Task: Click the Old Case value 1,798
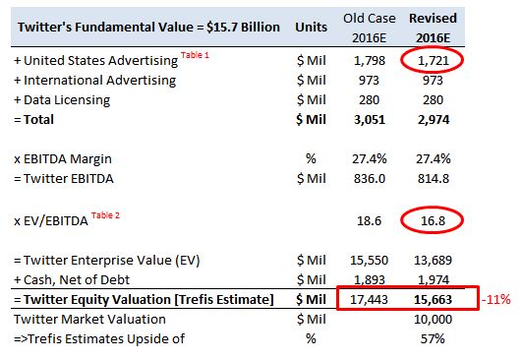(369, 61)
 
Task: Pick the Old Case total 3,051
(369, 119)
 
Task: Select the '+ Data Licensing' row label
(62, 99)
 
